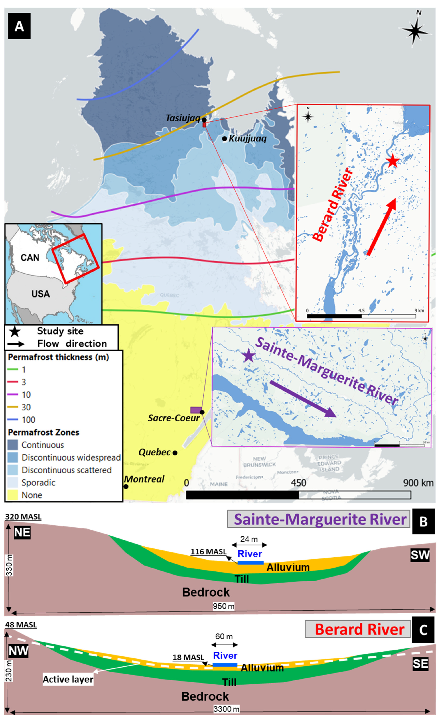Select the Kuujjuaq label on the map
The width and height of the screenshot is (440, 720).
pyautogui.click(x=247, y=139)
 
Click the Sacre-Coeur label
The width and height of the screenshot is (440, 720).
pyautogui.click(x=173, y=418)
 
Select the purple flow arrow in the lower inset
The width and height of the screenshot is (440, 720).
pyautogui.click(x=302, y=399)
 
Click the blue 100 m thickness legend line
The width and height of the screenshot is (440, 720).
pyautogui.click(x=13, y=420)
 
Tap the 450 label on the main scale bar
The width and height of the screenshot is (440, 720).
pyautogui.click(x=298, y=483)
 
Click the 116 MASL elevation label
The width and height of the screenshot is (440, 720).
pyautogui.click(x=208, y=552)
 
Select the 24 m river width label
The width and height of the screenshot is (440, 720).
pyautogui.click(x=249, y=539)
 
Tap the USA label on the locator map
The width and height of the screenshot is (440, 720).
pyautogui.click(x=41, y=294)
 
